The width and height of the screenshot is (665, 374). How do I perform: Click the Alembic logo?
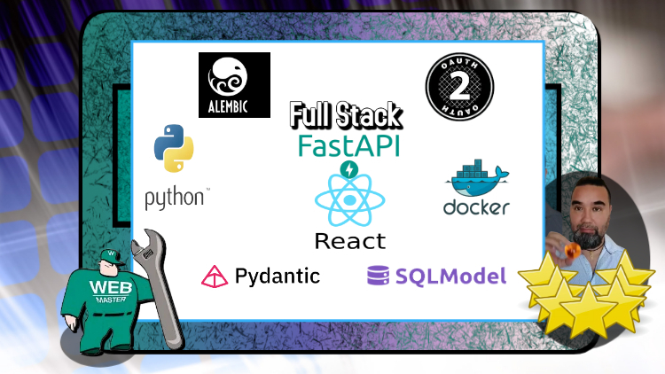click(234, 85)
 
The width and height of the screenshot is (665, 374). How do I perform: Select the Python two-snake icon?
click(174, 148)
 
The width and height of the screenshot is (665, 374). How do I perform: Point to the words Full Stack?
click(346, 115)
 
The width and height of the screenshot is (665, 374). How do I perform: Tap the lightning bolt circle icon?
click(349, 168)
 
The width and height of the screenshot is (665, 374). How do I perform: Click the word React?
click(349, 240)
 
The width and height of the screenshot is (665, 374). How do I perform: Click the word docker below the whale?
click(476, 208)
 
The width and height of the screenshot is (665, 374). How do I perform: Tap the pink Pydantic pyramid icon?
click(215, 276)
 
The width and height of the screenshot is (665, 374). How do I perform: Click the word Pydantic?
click(277, 276)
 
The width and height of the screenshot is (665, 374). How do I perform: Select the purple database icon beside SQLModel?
click(379, 276)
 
